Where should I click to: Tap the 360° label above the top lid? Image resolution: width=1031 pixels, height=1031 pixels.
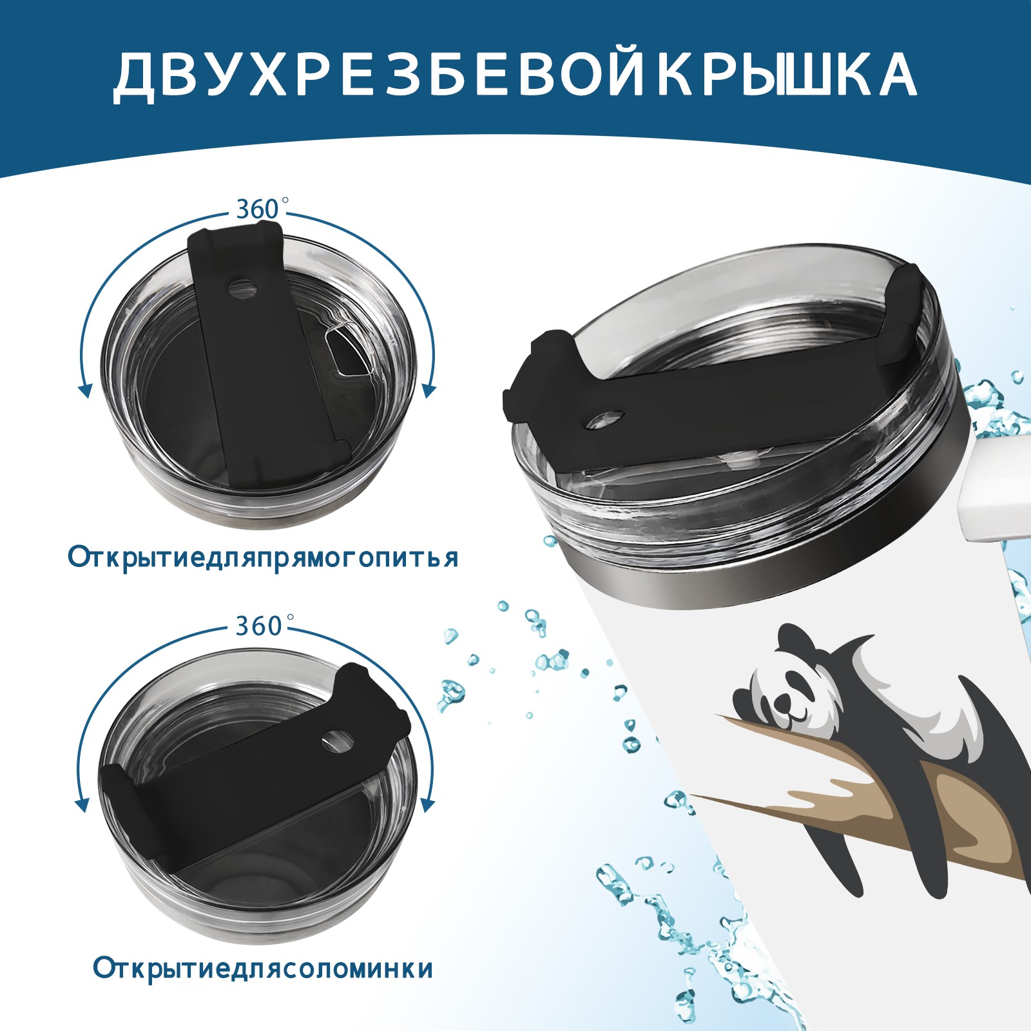(258, 209)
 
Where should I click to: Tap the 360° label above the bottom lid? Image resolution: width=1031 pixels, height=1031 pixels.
(258, 625)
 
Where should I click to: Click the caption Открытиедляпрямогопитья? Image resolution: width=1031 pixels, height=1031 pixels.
(262, 557)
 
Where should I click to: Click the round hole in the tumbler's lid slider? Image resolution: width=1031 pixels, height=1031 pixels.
(606, 418)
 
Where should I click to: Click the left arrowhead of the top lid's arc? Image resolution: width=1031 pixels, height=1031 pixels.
(83, 390)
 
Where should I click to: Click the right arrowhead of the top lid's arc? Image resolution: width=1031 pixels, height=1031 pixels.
(430, 390)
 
